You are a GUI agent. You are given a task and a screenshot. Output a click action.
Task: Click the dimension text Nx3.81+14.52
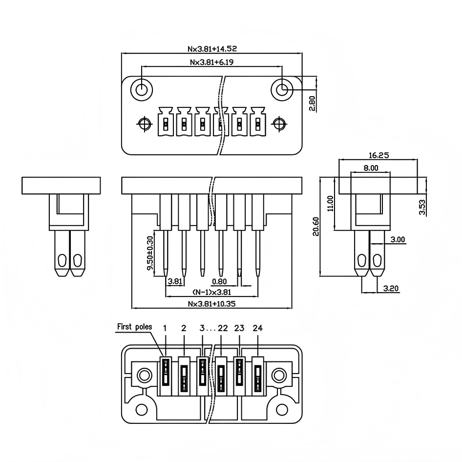[x=212, y=49]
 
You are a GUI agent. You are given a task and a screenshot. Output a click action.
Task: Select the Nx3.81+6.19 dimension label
[x=212, y=62]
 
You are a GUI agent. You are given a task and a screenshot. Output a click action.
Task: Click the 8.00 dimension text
[x=371, y=168]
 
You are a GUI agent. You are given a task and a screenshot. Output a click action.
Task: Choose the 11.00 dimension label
[x=330, y=204]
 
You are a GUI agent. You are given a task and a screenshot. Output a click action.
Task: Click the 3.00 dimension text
[x=398, y=240]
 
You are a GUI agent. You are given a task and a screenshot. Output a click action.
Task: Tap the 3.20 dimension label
[x=391, y=289]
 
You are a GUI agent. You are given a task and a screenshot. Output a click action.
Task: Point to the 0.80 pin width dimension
[x=219, y=281]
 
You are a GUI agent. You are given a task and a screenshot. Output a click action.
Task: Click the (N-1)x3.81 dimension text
[x=212, y=292]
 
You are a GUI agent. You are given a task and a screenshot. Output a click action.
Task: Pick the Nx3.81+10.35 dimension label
[x=212, y=303]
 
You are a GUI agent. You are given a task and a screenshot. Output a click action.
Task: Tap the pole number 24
[x=257, y=328]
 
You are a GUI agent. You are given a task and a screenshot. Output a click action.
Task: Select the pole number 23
[x=239, y=328]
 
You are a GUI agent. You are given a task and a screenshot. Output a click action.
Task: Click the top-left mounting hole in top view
[x=142, y=90]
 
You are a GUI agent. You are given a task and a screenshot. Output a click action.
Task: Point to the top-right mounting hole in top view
[x=282, y=90]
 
